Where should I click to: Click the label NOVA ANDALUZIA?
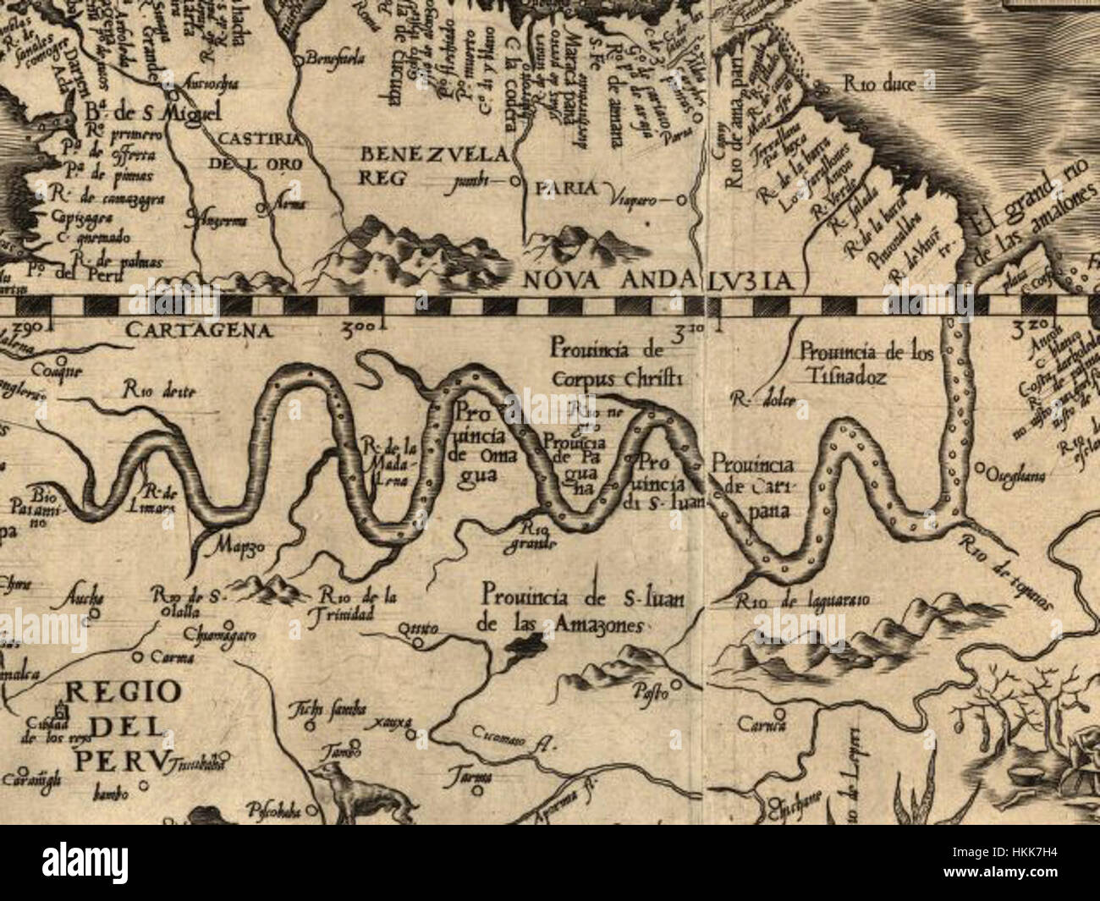point(656,281)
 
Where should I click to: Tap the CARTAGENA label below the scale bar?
point(198,331)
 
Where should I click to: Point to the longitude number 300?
point(364,325)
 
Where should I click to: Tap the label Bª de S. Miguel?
point(152,113)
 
